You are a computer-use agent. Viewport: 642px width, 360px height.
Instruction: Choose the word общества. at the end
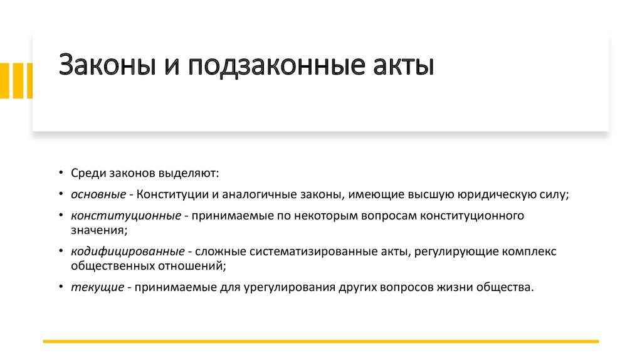(x=508, y=287)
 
